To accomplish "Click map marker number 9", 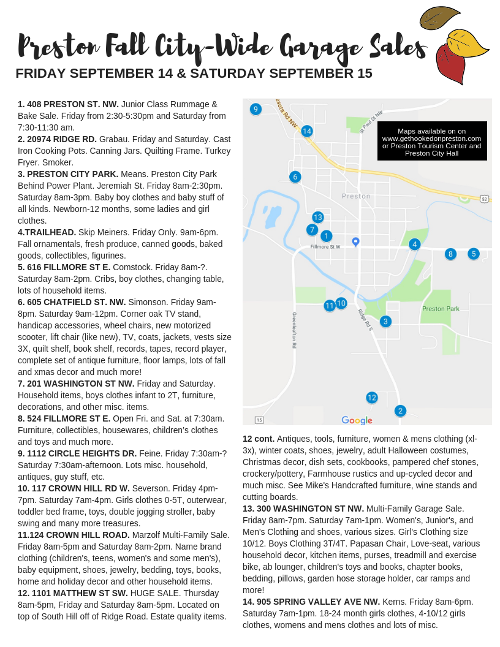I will (x=256, y=109).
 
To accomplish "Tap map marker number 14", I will (x=307, y=131).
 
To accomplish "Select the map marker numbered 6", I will (x=295, y=177).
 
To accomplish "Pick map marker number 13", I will (x=317, y=217).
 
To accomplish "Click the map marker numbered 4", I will (x=415, y=244).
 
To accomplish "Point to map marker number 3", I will (x=385, y=321).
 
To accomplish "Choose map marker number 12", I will (x=372, y=398).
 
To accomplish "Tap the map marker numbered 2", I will (x=400, y=411).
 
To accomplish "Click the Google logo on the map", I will (x=357, y=420).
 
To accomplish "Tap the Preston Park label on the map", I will (x=441, y=309).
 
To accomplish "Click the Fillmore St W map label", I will (x=325, y=247).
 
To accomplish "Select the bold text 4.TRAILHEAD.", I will (x=47, y=232).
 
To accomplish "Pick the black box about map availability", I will (x=432, y=141).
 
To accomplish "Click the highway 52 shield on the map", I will (x=484, y=199).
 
